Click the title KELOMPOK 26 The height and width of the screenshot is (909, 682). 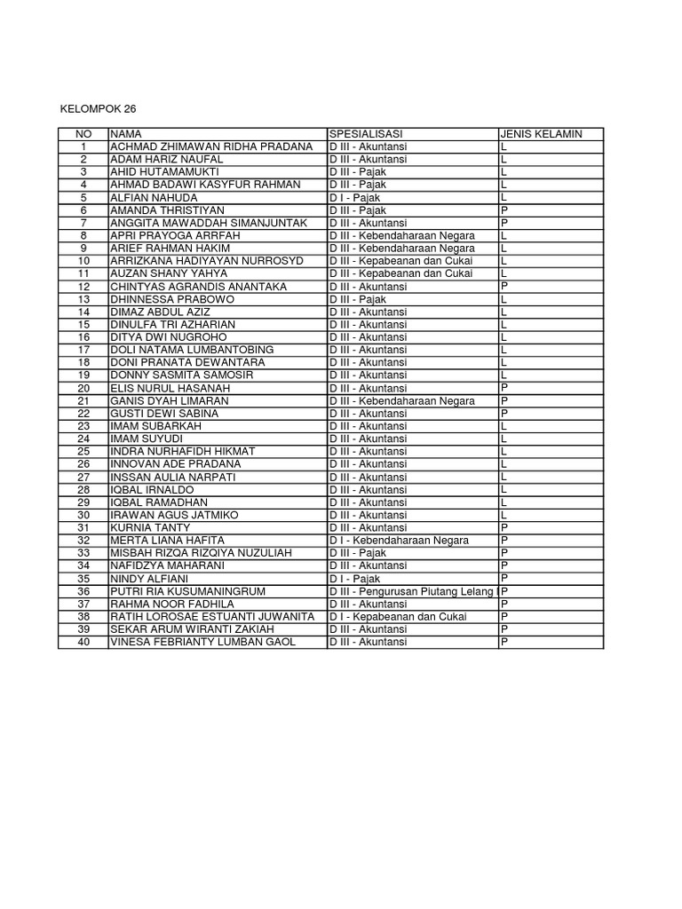point(99,109)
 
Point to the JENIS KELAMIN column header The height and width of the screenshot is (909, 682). point(541,134)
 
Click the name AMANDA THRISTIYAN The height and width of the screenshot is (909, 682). point(165,210)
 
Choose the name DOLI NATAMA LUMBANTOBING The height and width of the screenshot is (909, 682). point(192,350)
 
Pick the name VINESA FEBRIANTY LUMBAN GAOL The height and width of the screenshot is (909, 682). point(202,642)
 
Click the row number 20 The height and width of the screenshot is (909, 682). point(83,388)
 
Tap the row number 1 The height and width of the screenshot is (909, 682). point(83,146)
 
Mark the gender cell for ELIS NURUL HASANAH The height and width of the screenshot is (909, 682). point(504,388)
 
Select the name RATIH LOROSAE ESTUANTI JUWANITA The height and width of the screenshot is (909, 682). point(211,617)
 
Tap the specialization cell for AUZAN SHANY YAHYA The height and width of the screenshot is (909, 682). point(400,273)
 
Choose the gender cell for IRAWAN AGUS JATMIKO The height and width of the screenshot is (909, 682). point(504,515)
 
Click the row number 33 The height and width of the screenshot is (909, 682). point(83,553)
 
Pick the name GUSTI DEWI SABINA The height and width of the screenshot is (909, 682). point(162,414)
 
